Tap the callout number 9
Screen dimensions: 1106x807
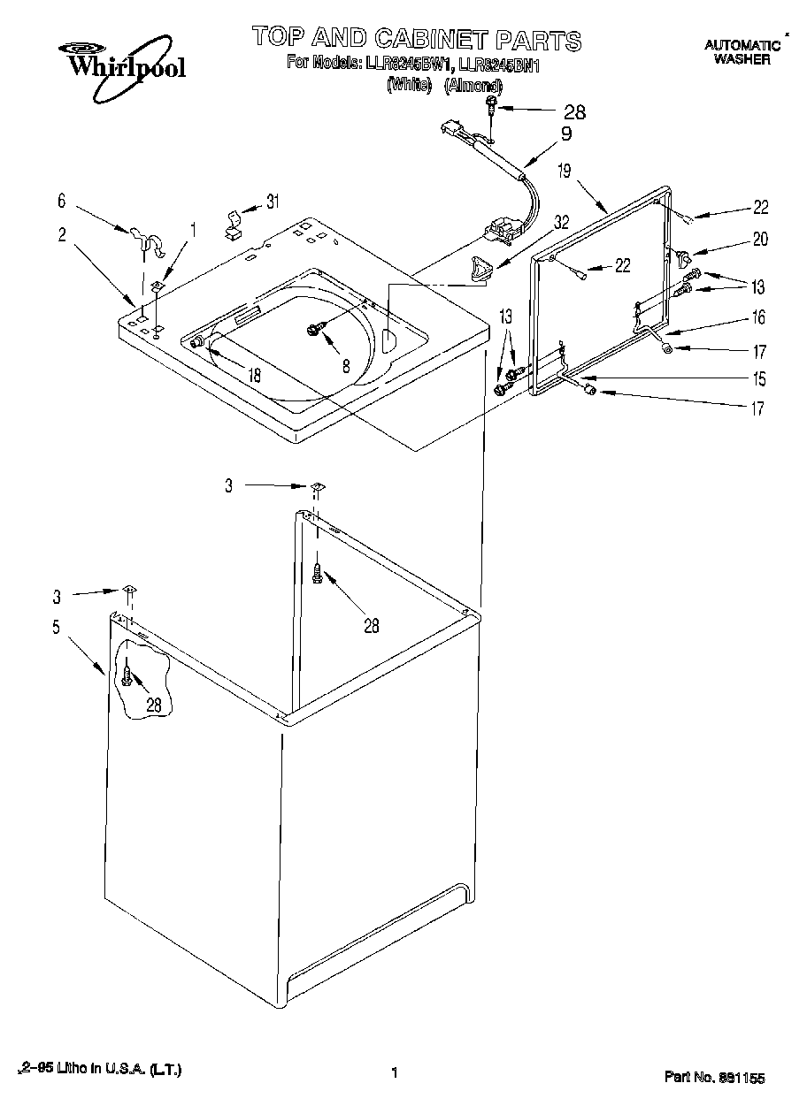(x=566, y=135)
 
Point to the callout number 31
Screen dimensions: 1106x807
(x=273, y=201)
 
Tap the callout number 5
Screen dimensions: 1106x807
(x=56, y=628)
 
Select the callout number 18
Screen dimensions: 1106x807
(x=254, y=374)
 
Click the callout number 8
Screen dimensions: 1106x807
(x=346, y=363)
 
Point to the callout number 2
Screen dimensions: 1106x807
(x=61, y=234)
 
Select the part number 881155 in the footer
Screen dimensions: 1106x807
(x=743, y=1078)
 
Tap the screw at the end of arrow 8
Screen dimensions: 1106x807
(x=314, y=330)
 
